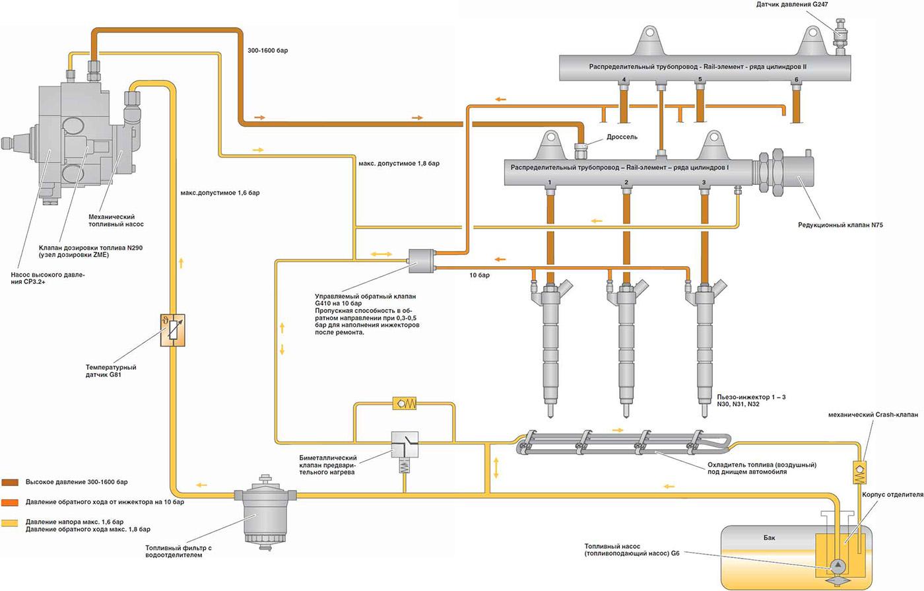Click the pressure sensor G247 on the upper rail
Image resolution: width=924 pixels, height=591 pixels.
pyautogui.click(x=841, y=33)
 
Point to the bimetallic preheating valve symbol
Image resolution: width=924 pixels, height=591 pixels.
pyautogui.click(x=405, y=444)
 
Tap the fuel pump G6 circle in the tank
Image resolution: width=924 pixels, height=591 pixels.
pyautogui.click(x=838, y=566)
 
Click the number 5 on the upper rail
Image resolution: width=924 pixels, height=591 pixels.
pyautogui.click(x=700, y=80)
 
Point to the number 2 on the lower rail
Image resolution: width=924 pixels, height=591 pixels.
pyautogui.click(x=626, y=182)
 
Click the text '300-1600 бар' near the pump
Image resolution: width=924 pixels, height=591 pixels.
pyautogui.click(x=267, y=50)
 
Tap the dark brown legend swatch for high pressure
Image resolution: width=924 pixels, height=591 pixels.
pyautogui.click(x=9, y=482)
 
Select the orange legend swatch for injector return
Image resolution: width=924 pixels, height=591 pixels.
pyautogui.click(x=9, y=503)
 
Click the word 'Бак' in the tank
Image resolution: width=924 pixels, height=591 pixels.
pyautogui.click(x=769, y=538)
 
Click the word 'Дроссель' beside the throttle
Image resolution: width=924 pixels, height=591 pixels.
pyautogui.click(x=622, y=137)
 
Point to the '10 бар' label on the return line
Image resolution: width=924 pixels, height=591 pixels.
pyautogui.click(x=479, y=275)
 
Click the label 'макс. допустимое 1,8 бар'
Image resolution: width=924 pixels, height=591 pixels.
pyautogui.click(x=399, y=163)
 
